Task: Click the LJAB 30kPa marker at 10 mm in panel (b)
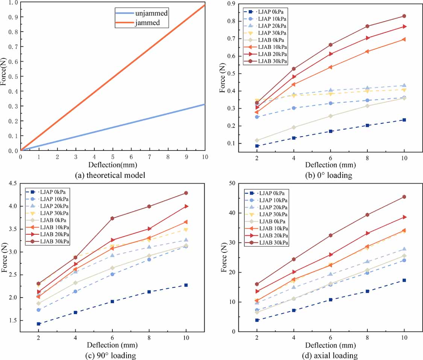[404, 16]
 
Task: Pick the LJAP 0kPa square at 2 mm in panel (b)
[257, 146]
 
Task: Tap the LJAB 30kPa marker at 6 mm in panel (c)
[112, 218]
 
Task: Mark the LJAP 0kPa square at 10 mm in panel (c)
[186, 285]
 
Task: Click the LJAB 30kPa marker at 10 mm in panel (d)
[404, 197]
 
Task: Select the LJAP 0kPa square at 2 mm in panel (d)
[257, 320]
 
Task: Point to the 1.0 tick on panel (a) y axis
[13, 3]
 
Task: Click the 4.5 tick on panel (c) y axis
[13, 184]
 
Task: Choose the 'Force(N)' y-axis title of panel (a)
[4, 76]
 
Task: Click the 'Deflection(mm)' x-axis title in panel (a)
[112, 165]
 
